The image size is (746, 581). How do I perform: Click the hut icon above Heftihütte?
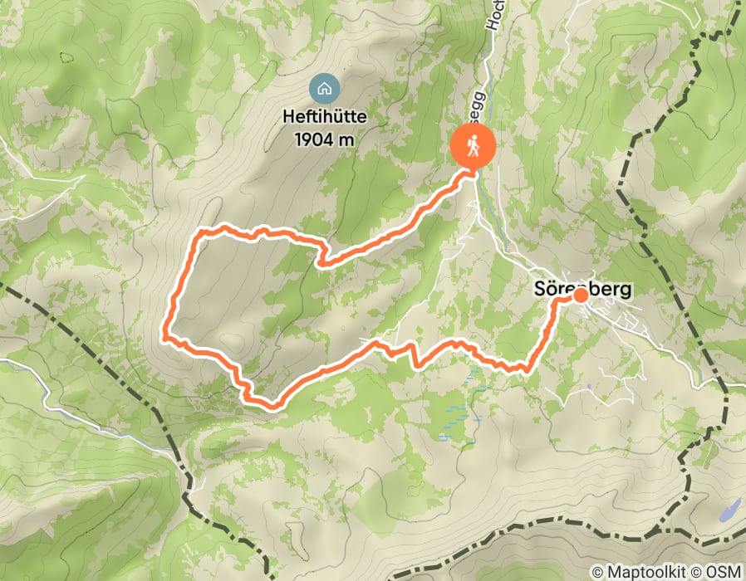coord(322,87)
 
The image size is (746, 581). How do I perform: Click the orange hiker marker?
coord(473,148)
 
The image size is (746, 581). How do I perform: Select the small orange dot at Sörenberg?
coord(581,295)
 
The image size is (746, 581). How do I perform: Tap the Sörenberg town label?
coord(582,290)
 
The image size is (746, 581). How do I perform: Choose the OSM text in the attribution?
coord(724,572)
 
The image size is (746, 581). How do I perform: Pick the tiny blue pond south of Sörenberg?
coord(588,386)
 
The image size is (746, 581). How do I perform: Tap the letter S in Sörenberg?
coord(537,290)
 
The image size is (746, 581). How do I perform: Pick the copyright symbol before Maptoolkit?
coord(598,572)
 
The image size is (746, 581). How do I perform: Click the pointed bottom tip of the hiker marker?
coord(473,172)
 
